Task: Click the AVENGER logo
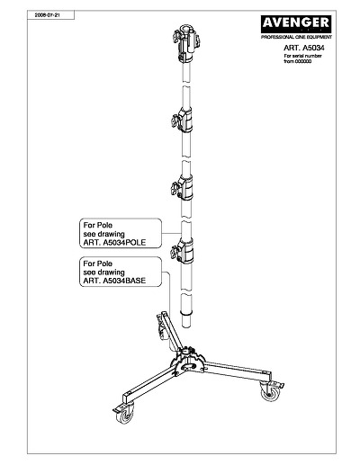click(x=296, y=24)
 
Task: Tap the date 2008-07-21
click(x=48, y=15)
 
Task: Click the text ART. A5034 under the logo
click(x=304, y=48)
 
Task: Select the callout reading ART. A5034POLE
click(x=121, y=233)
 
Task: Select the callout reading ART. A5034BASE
click(x=121, y=272)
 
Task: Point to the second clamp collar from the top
click(x=183, y=120)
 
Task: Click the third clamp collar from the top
click(x=183, y=188)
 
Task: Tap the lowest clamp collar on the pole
click(x=183, y=250)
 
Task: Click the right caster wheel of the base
click(x=269, y=391)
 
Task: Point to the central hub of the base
click(x=188, y=360)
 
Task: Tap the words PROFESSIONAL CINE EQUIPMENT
click(x=296, y=37)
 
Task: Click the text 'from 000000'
click(x=298, y=61)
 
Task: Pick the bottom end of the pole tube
click(x=186, y=328)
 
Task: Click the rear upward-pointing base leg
click(x=171, y=331)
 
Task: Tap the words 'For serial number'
click(x=302, y=56)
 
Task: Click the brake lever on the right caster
click(x=278, y=385)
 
